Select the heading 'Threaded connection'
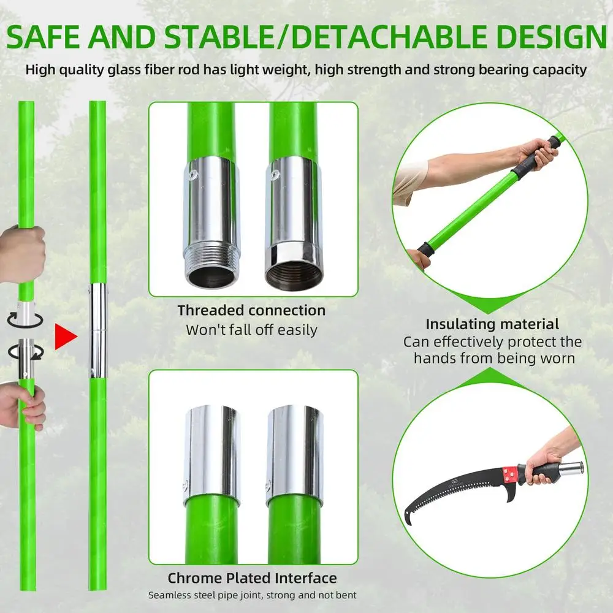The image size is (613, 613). [x=251, y=310]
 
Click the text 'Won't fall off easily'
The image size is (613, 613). [x=251, y=330]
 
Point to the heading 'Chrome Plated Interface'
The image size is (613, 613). [x=252, y=577]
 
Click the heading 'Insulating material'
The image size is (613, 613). [x=492, y=324]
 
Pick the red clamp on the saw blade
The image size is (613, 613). [x=508, y=474]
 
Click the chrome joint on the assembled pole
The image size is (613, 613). [x=97, y=330]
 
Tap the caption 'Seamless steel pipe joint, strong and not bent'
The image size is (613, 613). [x=252, y=595]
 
